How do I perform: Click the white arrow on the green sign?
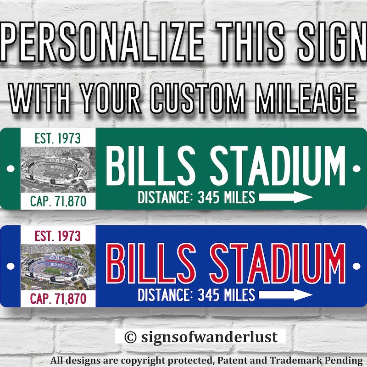coord(286,198)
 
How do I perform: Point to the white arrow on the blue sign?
coord(286,295)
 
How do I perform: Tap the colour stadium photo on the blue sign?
coord(58,266)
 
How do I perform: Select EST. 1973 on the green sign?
coord(58,138)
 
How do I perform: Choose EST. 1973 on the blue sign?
coord(58,236)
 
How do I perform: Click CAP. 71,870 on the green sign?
coord(58,200)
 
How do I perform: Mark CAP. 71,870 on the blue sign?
coord(58,299)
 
